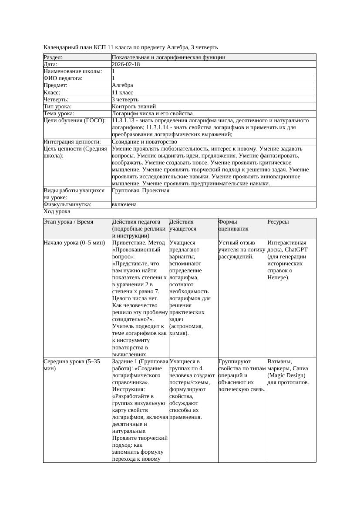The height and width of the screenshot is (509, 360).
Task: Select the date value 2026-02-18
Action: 126,64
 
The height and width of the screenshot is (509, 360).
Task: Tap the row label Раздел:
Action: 53,57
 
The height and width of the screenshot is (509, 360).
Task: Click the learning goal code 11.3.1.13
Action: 125,121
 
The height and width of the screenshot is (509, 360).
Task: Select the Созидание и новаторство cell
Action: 145,142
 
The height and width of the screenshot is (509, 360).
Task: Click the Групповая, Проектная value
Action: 141,191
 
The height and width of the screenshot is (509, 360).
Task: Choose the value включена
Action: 124,204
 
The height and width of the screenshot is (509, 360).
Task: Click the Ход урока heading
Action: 57,211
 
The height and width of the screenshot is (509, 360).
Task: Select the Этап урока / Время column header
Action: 68,222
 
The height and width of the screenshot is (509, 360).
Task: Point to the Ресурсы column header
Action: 278,222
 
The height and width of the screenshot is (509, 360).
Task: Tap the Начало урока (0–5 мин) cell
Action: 74,243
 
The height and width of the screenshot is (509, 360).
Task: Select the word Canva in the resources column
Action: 300,368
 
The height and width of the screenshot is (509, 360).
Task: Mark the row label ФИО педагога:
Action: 64,78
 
